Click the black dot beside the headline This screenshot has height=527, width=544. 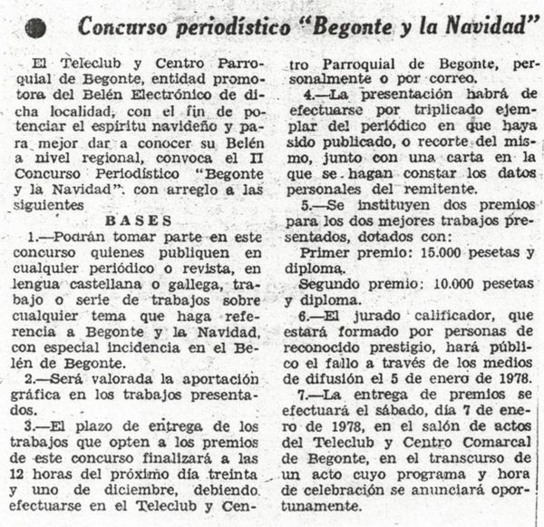click(x=35, y=28)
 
